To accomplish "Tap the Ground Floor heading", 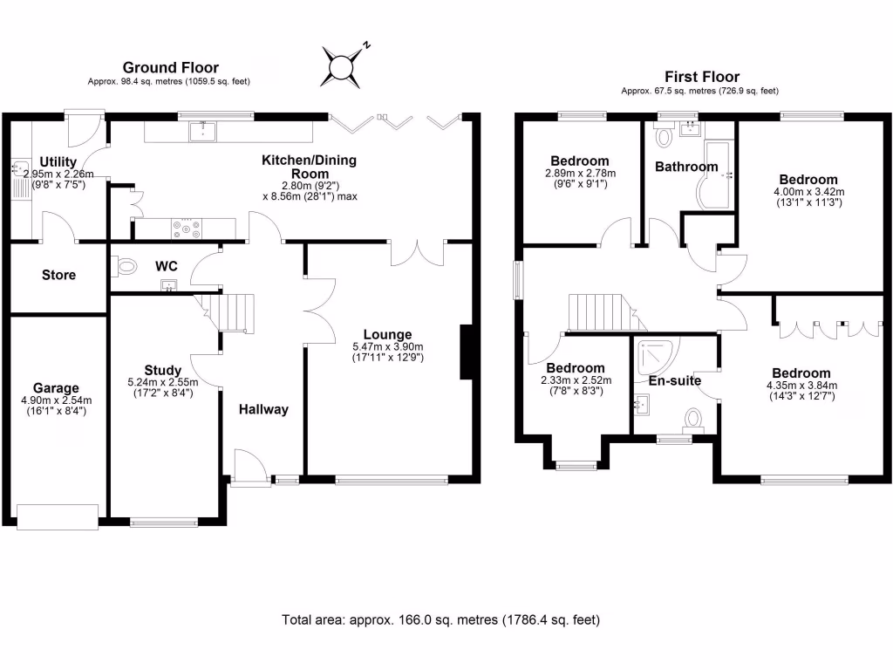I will pyautogui.click(x=170, y=67).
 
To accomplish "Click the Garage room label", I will pyautogui.click(x=56, y=388).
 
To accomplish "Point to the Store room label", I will pyautogui.click(x=58, y=275).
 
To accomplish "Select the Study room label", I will pyautogui.click(x=163, y=368).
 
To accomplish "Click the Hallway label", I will pyautogui.click(x=263, y=409).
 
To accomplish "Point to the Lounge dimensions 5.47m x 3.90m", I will pyautogui.click(x=387, y=346).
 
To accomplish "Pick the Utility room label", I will pyautogui.click(x=58, y=161).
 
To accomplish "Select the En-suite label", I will pyautogui.click(x=675, y=380).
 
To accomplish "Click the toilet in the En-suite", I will pyautogui.click(x=695, y=418).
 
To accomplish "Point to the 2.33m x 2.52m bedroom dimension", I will pyautogui.click(x=576, y=380).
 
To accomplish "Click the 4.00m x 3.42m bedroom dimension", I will pyautogui.click(x=808, y=192).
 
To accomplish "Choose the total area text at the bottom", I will pyautogui.click(x=440, y=620).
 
